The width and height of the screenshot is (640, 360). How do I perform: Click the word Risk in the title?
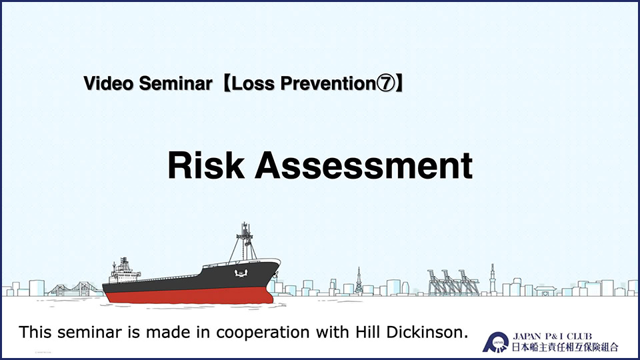point(206,165)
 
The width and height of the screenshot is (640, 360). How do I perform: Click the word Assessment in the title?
point(364,165)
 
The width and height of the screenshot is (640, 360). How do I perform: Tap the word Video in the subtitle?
point(109,83)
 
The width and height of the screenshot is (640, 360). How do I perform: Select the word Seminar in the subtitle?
point(176,83)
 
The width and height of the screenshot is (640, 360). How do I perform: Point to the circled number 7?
point(386,83)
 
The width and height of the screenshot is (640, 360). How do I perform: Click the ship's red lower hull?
point(188,295)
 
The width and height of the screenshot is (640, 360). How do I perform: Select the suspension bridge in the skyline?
point(75,289)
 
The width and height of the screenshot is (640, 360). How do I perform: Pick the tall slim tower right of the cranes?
point(492,279)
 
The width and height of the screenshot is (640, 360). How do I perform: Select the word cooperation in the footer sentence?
point(263,333)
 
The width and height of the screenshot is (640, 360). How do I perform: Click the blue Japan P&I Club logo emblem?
point(495,342)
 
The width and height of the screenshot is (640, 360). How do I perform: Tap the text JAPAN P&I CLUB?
point(552,336)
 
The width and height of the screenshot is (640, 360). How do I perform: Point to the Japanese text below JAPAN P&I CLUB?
point(565,347)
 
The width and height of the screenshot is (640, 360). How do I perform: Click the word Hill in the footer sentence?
point(369,332)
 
